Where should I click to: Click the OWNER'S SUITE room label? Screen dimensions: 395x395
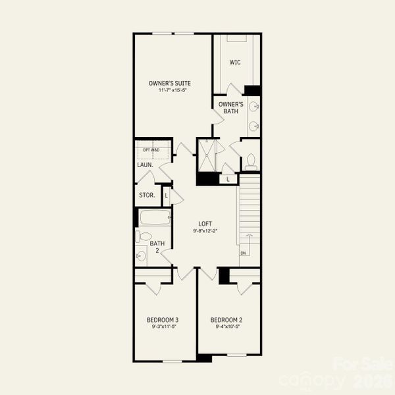click(170, 82)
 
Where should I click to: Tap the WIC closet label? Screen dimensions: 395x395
click(235, 63)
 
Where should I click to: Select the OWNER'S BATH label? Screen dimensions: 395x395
click(231, 107)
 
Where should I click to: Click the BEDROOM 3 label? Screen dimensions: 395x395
click(163, 320)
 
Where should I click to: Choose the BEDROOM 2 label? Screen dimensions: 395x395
click(226, 320)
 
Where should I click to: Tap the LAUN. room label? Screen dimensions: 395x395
click(145, 165)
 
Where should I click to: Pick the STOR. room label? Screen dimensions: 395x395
click(147, 196)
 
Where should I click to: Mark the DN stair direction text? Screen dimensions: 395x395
click(243, 253)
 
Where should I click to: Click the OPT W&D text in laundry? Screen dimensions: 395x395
click(151, 150)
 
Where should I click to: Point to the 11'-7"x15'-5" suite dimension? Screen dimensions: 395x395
click(170, 90)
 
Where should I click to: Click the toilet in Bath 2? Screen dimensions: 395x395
click(144, 236)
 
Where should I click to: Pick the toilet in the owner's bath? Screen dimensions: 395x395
click(250, 160)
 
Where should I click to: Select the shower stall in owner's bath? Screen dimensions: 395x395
click(208, 155)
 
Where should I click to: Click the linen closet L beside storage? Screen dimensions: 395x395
click(167, 195)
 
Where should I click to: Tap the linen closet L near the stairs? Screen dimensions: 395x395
click(228, 178)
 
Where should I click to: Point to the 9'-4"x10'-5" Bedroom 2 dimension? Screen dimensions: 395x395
click(226, 327)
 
